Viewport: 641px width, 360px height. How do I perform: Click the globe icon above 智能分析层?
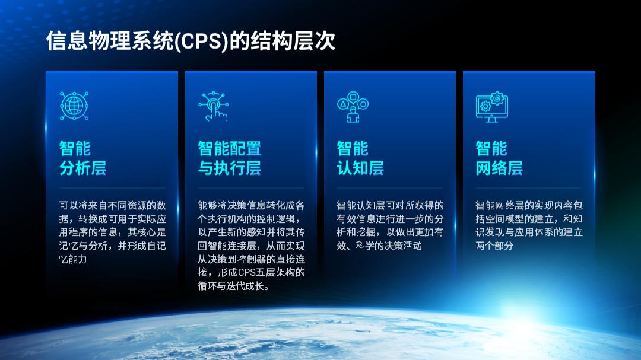tap(74, 106)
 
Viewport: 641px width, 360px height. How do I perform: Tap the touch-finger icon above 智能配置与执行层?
tap(213, 106)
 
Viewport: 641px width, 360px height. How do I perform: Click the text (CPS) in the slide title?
tap(201, 42)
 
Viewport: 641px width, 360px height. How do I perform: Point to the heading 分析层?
tap(83, 168)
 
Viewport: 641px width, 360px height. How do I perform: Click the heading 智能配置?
tap(229, 148)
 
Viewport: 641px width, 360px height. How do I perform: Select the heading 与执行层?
tap(229, 168)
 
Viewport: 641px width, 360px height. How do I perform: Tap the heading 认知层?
tap(360, 168)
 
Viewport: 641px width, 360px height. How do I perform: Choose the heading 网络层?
tap(499, 168)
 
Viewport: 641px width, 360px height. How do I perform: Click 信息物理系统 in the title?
tap(110, 42)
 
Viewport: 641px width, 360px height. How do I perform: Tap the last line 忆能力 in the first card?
tap(73, 259)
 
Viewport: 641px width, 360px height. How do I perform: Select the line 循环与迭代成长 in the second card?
tap(233, 286)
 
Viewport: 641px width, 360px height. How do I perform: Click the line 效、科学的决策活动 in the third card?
tap(379, 246)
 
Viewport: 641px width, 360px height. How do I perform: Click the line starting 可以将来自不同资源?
tap(112, 206)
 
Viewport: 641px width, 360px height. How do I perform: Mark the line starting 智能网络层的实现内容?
tap(529, 206)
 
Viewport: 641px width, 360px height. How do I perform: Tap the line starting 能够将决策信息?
tap(252, 206)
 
